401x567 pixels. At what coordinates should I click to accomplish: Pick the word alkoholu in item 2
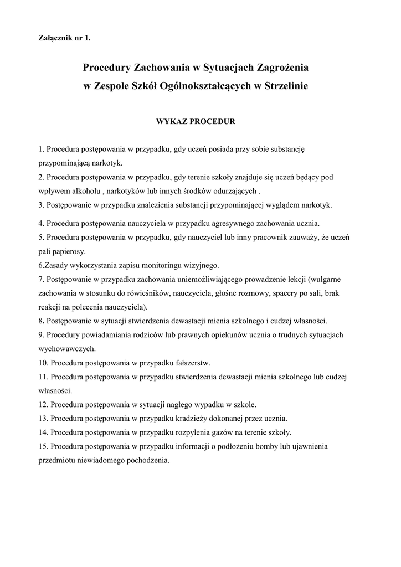click(x=83, y=191)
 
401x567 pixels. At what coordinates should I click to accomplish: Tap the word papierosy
click(x=69, y=251)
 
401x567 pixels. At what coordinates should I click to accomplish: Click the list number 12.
click(x=44, y=404)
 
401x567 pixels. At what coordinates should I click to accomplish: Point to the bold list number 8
click(x=42, y=321)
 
